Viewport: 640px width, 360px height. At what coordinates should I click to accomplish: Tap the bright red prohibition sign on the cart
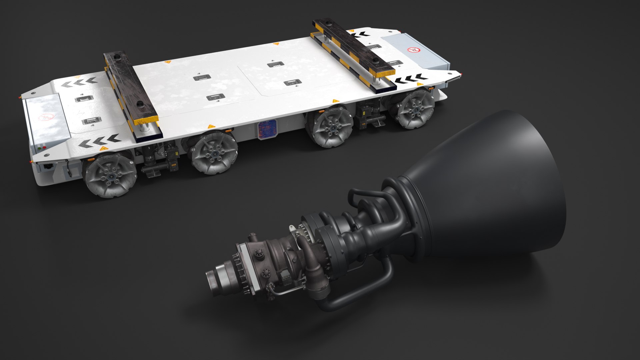(414, 50)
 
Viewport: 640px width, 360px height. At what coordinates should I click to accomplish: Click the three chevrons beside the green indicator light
(99, 141)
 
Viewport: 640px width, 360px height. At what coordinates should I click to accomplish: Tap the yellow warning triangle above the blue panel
(210, 127)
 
